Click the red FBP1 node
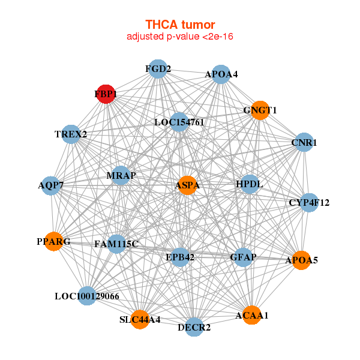point(106,94)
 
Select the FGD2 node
point(157,69)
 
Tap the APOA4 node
point(221,75)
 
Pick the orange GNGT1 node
point(260,110)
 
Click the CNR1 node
point(304,143)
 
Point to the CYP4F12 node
point(310,203)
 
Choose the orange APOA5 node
point(301,260)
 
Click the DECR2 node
point(194,327)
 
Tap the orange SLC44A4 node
point(140,319)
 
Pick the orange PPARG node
point(54,242)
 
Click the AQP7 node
point(51,185)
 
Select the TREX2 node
point(71,134)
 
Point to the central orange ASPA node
point(187,185)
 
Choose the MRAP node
point(121,176)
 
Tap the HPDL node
point(250,184)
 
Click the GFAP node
point(243,257)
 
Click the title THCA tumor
point(180,25)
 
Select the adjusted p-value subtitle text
point(180,37)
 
